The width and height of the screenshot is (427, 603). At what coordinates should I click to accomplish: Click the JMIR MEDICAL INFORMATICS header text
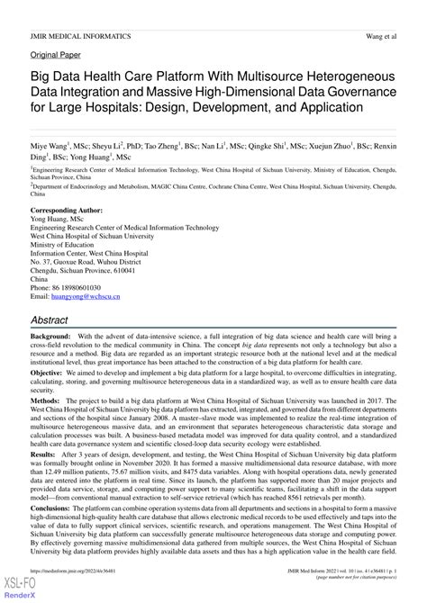pos(81,36)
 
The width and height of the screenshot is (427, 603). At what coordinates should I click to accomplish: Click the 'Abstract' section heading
pos(56,320)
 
